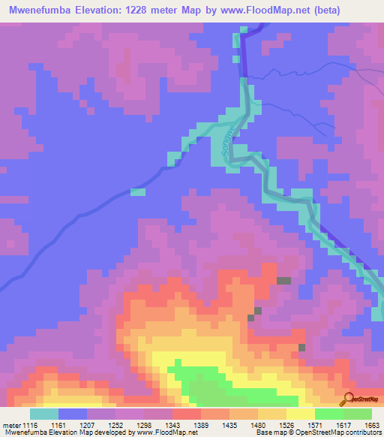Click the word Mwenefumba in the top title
click(38, 11)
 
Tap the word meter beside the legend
click(11, 424)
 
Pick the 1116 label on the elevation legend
click(30, 424)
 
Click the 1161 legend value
click(63, 424)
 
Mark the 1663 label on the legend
click(372, 424)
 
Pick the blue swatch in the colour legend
click(73, 414)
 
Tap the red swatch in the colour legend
click(187, 414)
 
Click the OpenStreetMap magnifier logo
click(349, 399)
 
